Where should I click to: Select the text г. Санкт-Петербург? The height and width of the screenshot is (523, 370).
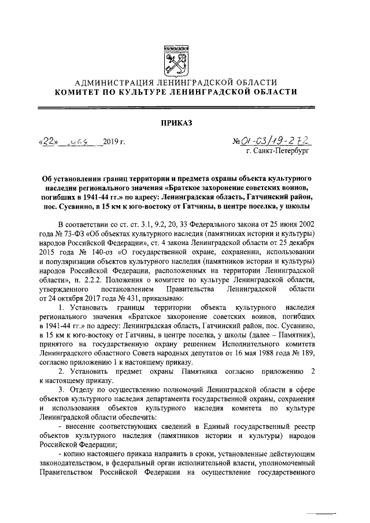click(277, 151)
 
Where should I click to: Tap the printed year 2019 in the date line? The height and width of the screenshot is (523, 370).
click(110, 142)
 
